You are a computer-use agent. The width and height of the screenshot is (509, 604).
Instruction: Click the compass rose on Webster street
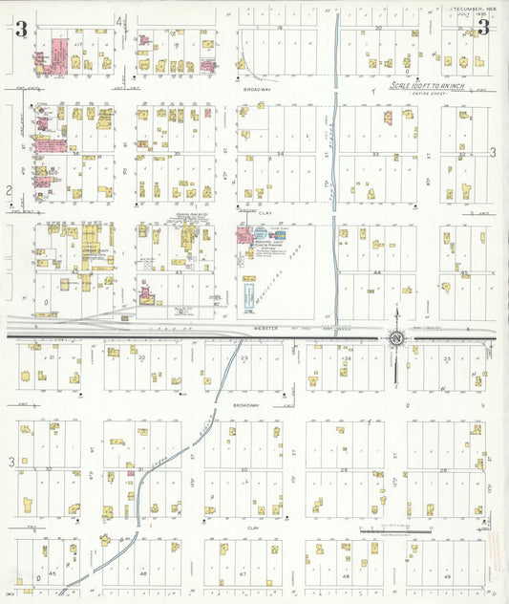click(x=395, y=337)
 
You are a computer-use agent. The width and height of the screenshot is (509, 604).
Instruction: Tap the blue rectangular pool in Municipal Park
click(x=249, y=296)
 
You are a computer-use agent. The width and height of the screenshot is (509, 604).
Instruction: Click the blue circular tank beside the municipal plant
click(x=260, y=231)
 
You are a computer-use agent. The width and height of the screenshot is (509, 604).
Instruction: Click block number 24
click(x=348, y=358)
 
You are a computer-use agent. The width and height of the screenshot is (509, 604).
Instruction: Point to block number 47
click(x=244, y=575)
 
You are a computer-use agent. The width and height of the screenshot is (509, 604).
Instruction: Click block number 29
click(x=344, y=469)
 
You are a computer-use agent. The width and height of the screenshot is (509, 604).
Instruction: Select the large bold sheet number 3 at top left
click(x=20, y=29)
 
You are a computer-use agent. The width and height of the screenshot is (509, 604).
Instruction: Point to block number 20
click(x=379, y=29)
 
